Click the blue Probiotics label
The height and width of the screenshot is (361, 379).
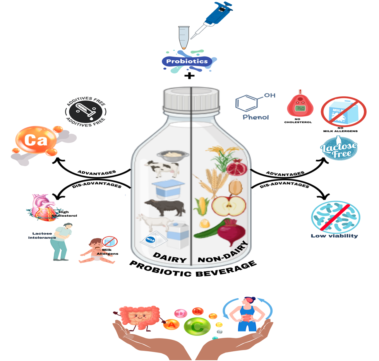tap(187, 61)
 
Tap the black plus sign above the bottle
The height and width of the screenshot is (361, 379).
tap(189, 75)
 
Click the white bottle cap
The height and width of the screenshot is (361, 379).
tap(191, 100)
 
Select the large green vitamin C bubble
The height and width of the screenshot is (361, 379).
tap(197, 327)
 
